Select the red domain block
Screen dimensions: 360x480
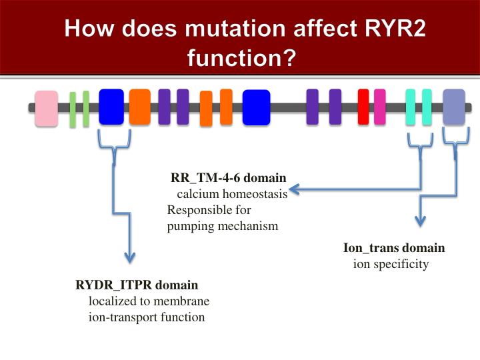coord(363,107)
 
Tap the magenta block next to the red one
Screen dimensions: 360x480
coord(379,107)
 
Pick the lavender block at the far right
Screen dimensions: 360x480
coord(454,107)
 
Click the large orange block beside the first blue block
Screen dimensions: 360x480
coord(139,107)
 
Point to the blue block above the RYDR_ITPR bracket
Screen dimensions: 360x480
coord(111,107)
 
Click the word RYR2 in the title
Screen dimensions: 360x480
coord(387,30)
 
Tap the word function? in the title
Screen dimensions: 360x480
coord(241,59)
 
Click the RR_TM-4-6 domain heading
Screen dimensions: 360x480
coord(229,178)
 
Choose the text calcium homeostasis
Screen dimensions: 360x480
coord(231,194)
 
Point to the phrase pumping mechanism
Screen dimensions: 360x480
coord(222,226)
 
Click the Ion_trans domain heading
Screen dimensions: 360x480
coord(393,248)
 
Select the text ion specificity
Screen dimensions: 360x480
coord(391,264)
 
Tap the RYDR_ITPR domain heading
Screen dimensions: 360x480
coord(137,285)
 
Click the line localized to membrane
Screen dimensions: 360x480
coord(144,301)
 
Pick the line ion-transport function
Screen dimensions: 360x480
coord(147,317)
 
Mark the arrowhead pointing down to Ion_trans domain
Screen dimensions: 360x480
coord(419,221)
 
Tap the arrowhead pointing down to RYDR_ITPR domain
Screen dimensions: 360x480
coord(130,257)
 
